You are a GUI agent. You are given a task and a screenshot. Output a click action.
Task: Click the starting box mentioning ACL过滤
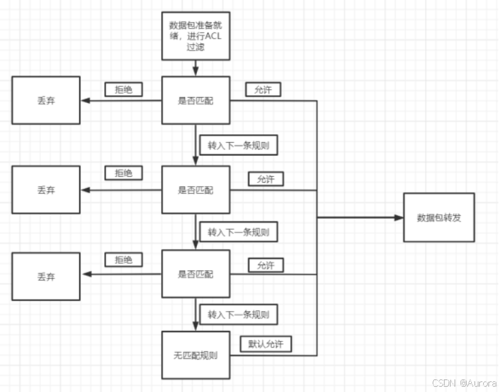coord(196,36)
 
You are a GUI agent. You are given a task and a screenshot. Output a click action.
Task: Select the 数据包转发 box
coord(439,217)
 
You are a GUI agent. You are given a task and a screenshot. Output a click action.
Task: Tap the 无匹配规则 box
coord(196,355)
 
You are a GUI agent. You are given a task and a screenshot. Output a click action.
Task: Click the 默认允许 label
coord(265,344)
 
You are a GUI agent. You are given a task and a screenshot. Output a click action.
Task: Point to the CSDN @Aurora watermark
coord(464,383)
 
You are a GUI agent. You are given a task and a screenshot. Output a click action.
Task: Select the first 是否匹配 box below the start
coord(196,100)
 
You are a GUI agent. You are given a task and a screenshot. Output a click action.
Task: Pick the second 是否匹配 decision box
coord(196,190)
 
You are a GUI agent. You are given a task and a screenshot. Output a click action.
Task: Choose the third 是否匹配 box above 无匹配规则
coord(196,274)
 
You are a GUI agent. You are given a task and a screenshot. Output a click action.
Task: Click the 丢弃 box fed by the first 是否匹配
coord(46,100)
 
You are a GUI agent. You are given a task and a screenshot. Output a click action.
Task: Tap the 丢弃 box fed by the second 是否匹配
coord(46,190)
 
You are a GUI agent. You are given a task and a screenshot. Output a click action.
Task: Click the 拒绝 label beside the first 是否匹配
coord(124,89)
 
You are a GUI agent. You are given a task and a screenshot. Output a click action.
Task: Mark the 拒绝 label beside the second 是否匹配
coord(124,173)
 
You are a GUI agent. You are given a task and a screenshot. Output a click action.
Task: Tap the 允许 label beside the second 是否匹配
coord(265,179)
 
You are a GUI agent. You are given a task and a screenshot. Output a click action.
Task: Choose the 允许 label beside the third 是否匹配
coord(265,265)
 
